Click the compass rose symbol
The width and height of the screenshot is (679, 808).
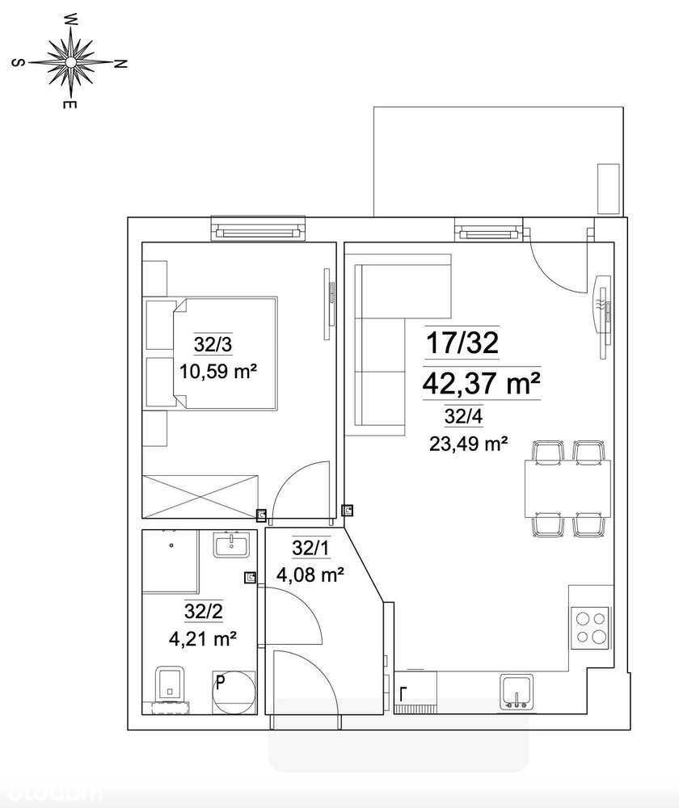coord(70,62)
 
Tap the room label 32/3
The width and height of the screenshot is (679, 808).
coord(213,345)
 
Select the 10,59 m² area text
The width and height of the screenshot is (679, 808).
coord(217,372)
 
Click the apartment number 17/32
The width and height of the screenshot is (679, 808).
coord(462,345)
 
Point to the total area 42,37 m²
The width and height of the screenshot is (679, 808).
coord(480,384)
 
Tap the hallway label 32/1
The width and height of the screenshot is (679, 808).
coord(311,549)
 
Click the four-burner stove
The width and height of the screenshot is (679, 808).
coord(590,628)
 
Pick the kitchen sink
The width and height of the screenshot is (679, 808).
coord(516,692)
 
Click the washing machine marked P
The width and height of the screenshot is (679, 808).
coord(232,692)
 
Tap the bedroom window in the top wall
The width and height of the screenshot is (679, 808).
coord(260,229)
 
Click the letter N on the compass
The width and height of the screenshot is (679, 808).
coord(120,64)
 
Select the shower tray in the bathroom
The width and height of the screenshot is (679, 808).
coord(170,560)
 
